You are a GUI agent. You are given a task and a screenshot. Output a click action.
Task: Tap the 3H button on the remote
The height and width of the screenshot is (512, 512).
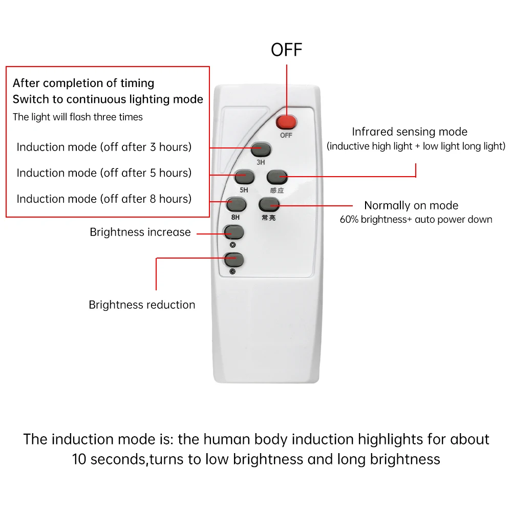coord(261,150)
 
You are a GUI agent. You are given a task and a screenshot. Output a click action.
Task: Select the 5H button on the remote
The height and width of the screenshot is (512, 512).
coord(245,177)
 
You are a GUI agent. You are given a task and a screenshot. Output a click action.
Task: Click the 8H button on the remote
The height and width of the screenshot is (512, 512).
coord(236,205)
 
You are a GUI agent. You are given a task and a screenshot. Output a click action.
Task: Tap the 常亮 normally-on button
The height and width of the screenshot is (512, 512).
coord(269,205)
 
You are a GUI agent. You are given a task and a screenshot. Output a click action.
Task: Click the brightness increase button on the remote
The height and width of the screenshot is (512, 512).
coord(233,232)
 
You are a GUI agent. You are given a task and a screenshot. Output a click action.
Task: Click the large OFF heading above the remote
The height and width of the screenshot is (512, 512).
coord(287,50)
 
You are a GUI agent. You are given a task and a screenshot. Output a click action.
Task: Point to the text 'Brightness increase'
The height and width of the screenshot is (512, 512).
coord(140,232)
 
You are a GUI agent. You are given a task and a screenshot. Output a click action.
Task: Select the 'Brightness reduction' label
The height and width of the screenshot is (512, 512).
coord(142,305)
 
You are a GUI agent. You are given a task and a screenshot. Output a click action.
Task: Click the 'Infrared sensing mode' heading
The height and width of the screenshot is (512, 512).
coord(410,132)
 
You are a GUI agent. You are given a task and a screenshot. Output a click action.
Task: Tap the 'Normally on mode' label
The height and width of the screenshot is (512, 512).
coord(411,205)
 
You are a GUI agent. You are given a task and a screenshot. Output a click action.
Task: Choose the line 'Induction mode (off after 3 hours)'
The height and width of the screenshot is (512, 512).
coord(104,147)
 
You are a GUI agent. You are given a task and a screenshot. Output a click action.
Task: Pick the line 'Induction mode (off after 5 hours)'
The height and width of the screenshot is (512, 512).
coord(104,173)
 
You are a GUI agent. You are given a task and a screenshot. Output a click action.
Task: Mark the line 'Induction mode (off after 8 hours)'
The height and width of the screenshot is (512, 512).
coord(104,198)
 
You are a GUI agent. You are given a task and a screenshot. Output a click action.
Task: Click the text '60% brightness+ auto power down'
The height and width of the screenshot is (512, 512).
coord(416,220)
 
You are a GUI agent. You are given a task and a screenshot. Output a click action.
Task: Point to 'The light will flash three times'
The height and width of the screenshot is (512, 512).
coord(78,117)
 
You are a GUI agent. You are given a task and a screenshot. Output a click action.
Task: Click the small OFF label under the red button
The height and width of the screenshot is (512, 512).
coord(286,136)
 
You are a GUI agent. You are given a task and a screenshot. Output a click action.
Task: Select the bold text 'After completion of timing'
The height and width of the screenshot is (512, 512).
coord(83,83)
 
